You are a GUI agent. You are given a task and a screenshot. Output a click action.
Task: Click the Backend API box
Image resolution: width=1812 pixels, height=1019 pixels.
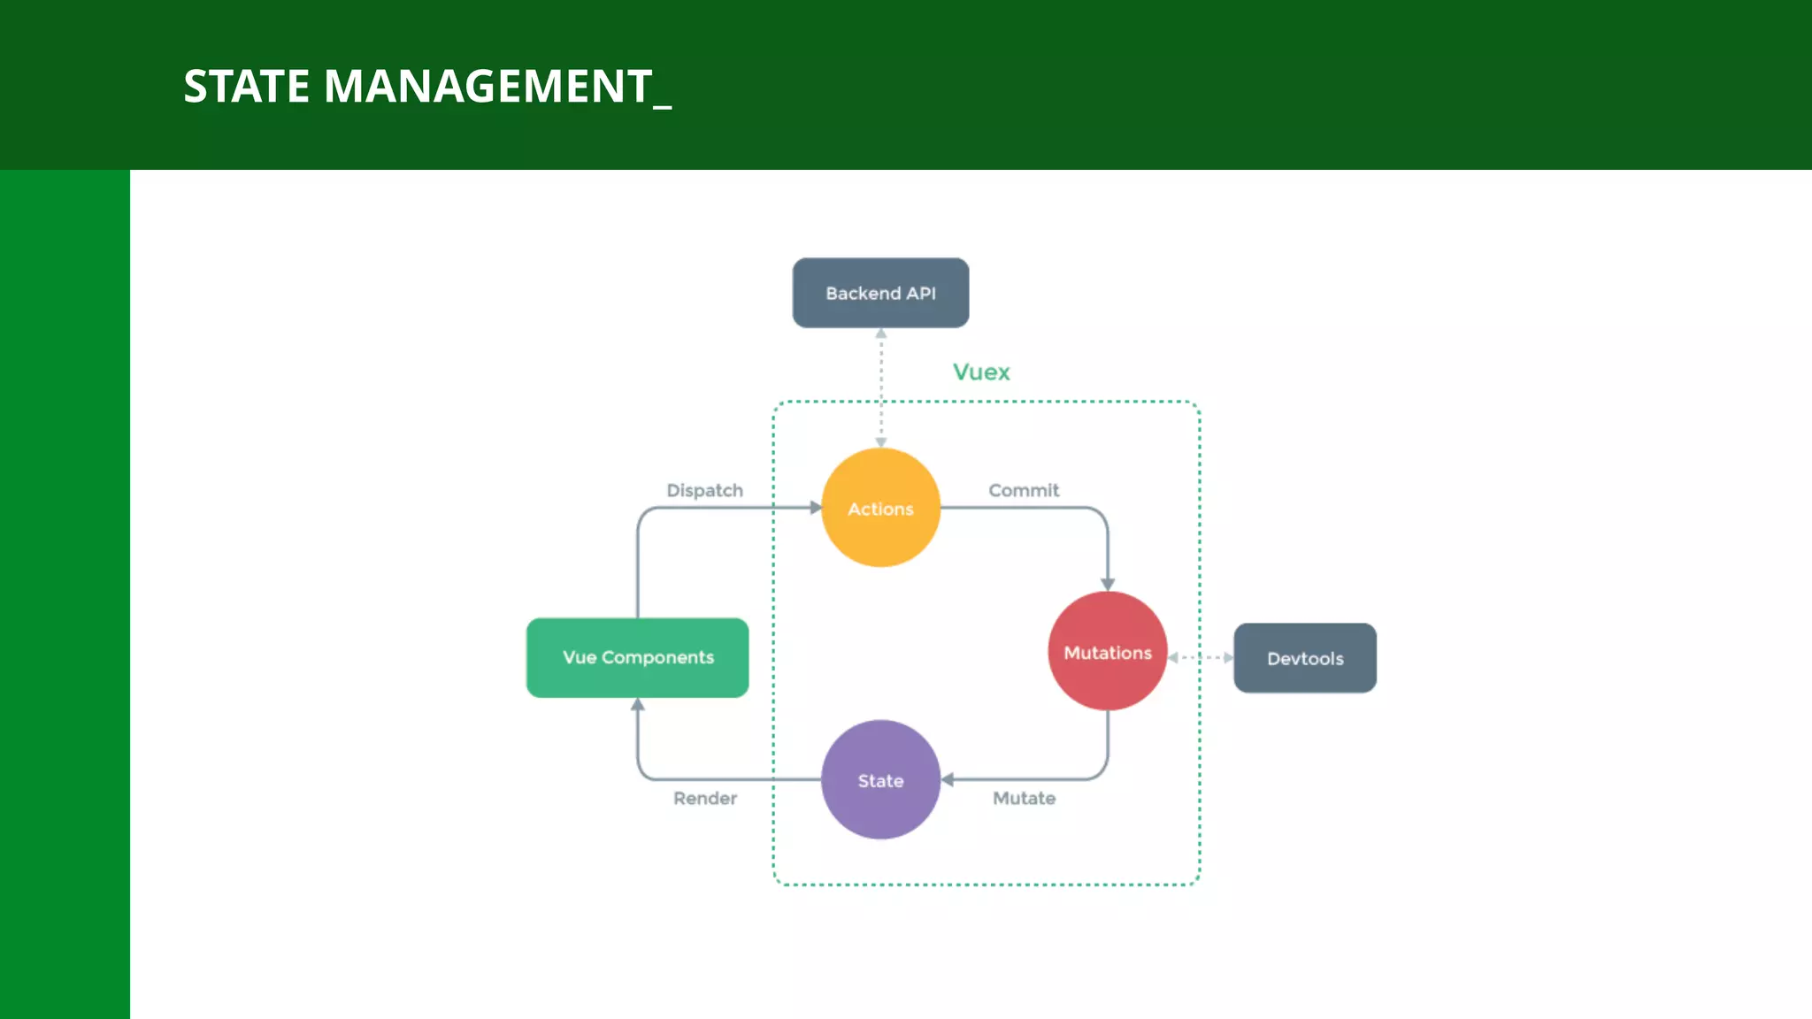coord(880,293)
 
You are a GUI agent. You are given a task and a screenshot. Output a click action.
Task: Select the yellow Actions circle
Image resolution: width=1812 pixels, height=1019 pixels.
coord(880,508)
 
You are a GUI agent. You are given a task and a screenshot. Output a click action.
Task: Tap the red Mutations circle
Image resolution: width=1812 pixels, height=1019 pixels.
coord(1107,652)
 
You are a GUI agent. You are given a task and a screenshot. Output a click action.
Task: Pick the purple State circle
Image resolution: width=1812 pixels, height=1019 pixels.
coord(880,780)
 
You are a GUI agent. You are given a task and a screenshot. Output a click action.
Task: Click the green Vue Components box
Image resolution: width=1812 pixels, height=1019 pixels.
coord(637,657)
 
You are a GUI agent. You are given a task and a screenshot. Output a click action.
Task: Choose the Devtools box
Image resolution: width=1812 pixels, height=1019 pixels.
coord(1305,658)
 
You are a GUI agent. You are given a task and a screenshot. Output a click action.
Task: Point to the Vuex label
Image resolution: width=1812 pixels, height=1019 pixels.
coord(981,372)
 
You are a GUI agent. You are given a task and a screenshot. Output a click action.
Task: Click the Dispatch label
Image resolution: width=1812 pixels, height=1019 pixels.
coord(704,490)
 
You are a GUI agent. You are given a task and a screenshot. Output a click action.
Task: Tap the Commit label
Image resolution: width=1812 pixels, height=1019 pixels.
coord(1024,490)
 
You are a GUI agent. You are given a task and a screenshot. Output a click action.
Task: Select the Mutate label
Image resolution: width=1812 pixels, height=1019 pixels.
coord(1024,798)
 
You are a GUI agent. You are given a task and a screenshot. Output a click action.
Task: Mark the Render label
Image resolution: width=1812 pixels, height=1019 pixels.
coord(704,798)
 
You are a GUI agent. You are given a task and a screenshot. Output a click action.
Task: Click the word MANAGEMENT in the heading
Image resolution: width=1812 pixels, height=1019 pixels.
coord(488,87)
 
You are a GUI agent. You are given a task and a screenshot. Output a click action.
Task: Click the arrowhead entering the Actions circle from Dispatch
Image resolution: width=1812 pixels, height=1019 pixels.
coord(816,508)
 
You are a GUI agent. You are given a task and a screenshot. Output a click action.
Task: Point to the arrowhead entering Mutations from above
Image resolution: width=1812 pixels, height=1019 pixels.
coord(1108,585)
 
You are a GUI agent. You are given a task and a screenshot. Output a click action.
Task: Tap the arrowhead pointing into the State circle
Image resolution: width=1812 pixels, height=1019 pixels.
coord(948,779)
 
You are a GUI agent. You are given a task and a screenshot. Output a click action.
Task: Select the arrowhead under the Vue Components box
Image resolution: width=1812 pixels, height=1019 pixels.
coord(637,704)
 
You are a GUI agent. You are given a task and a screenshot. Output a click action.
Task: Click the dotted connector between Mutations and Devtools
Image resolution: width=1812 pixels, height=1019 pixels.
coord(1200,657)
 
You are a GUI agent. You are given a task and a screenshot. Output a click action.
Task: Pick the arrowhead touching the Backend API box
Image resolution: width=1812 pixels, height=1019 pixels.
coord(881,333)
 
